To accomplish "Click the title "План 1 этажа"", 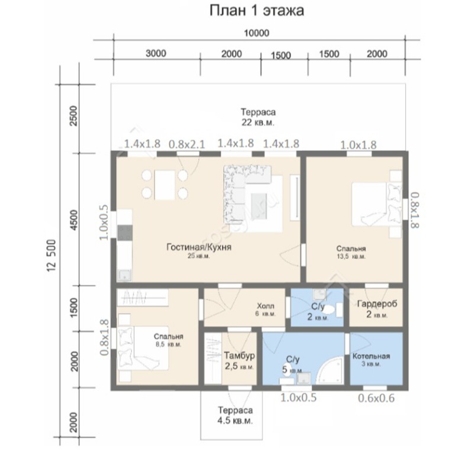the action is point(257,11).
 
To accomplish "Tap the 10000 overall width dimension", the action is point(256,33).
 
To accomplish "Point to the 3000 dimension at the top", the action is point(156,53).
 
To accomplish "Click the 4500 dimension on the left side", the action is point(73,220).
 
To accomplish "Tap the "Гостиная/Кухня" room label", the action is point(199,247).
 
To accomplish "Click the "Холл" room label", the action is point(266,306).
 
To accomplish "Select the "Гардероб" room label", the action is point(377,303).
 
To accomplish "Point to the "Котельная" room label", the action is point(371,356).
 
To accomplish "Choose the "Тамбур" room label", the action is point(240,356).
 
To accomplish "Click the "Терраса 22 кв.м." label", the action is point(258,117).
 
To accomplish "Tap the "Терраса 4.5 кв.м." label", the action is point(235,415).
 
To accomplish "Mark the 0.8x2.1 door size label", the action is point(186,144).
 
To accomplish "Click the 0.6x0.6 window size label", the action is point(376,398).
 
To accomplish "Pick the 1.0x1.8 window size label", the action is point(358,145).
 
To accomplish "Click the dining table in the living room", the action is point(164,185).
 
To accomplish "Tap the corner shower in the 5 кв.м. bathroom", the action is point(330,370).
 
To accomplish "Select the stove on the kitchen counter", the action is point(125,233).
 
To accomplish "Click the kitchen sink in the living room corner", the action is point(124,274).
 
